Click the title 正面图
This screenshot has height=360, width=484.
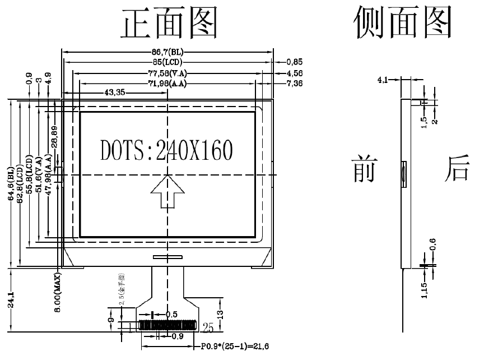click(169, 24)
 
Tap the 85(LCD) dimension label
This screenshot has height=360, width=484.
click(167, 62)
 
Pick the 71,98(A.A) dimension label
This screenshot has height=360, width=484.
click(167, 84)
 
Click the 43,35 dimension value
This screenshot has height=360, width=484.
click(114, 93)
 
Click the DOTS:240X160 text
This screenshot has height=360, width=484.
click(166, 150)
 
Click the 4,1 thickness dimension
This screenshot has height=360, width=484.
click(383, 80)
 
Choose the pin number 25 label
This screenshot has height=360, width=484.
click(208, 326)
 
